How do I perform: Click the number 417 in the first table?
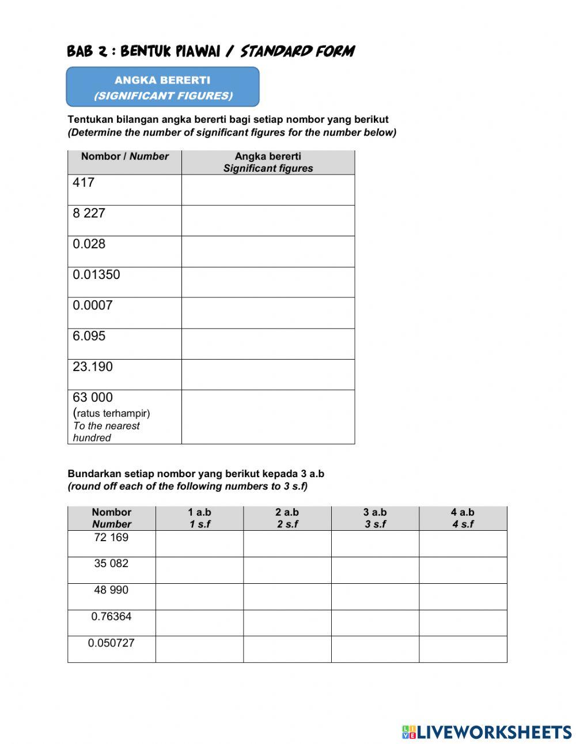(x=84, y=183)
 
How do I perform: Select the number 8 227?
(x=89, y=213)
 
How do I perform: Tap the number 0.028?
(x=89, y=244)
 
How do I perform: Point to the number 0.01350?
(x=96, y=275)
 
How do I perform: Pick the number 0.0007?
(x=92, y=305)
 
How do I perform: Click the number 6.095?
(x=89, y=336)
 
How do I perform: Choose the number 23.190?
(x=92, y=367)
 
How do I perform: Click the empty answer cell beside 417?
(x=268, y=190)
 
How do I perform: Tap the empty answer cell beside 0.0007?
(x=268, y=313)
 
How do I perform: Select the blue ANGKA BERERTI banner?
(x=162, y=87)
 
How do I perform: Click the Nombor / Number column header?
(x=124, y=157)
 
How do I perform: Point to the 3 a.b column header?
(x=375, y=518)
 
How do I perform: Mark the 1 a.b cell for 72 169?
(x=199, y=543)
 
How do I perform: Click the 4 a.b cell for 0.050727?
(x=463, y=649)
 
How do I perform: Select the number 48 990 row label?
(x=111, y=590)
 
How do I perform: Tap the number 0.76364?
(x=111, y=617)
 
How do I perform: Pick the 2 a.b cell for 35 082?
(x=287, y=570)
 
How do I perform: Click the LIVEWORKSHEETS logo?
(x=487, y=732)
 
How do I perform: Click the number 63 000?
(x=92, y=398)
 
